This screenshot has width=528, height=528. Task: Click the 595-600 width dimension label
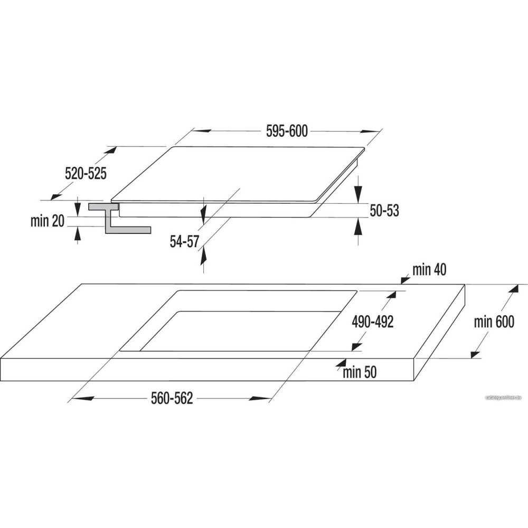click(287, 131)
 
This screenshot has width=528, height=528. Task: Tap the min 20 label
click(47, 221)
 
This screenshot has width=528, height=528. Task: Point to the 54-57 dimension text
click(184, 242)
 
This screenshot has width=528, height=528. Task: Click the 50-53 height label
click(384, 211)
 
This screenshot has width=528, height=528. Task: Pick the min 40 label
click(429, 270)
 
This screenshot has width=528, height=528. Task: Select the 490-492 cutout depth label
click(373, 322)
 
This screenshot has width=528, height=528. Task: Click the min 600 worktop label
click(493, 322)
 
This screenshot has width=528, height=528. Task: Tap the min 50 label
click(360, 372)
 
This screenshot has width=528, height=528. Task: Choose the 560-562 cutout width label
click(172, 399)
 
